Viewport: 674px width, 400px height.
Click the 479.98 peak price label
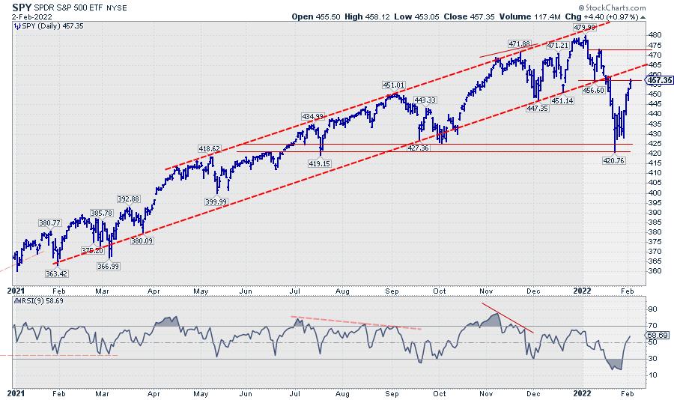pos(584,27)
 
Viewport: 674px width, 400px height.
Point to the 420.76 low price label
pos(613,160)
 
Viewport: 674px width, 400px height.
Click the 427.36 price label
pos(417,149)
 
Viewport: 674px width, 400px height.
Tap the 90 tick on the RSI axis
pos(651,308)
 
